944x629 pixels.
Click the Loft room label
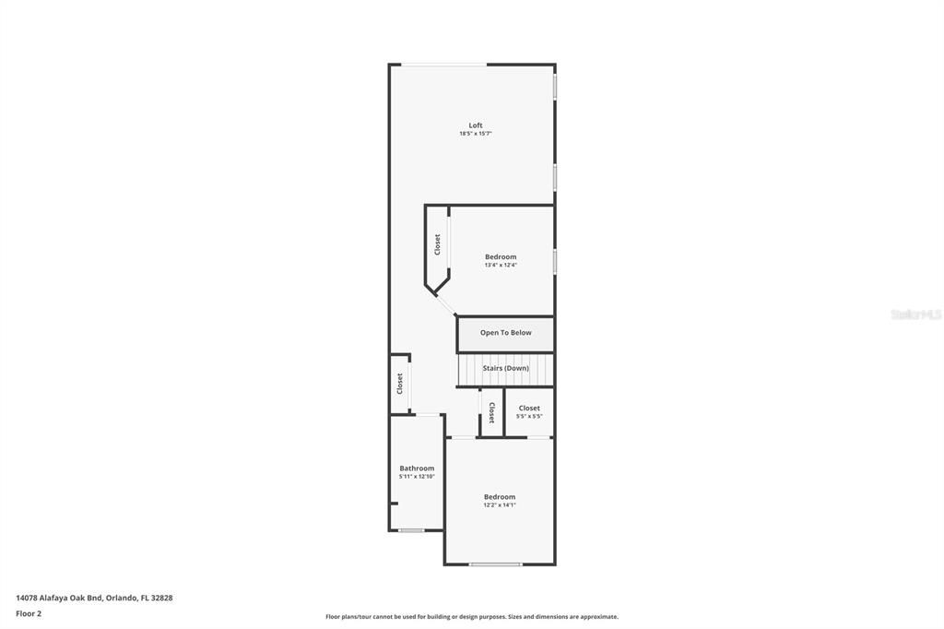click(x=476, y=125)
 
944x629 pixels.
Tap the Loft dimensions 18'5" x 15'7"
click(x=476, y=134)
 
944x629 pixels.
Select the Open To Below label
click(x=506, y=333)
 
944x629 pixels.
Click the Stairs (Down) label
click(x=506, y=368)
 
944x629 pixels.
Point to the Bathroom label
click(x=417, y=469)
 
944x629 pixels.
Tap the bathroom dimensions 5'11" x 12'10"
click(x=417, y=477)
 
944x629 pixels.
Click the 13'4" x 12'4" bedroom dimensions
click(x=501, y=265)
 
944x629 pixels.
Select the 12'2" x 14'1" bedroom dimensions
click(x=500, y=505)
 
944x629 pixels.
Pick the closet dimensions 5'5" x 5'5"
click(x=529, y=416)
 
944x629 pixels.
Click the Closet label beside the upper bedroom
click(x=438, y=244)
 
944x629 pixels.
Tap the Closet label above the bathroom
click(x=400, y=384)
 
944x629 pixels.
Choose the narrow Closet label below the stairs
click(x=492, y=412)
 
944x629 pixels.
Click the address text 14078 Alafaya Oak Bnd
click(x=59, y=599)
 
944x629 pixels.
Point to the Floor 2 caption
click(x=29, y=614)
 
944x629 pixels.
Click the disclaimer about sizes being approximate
click(x=472, y=617)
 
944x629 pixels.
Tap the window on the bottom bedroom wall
click(x=495, y=564)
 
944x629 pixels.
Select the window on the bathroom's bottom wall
click(x=412, y=531)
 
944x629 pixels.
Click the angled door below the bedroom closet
click(x=445, y=304)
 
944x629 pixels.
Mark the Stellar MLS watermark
click(x=915, y=314)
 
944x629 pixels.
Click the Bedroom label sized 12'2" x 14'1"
click(x=500, y=497)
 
